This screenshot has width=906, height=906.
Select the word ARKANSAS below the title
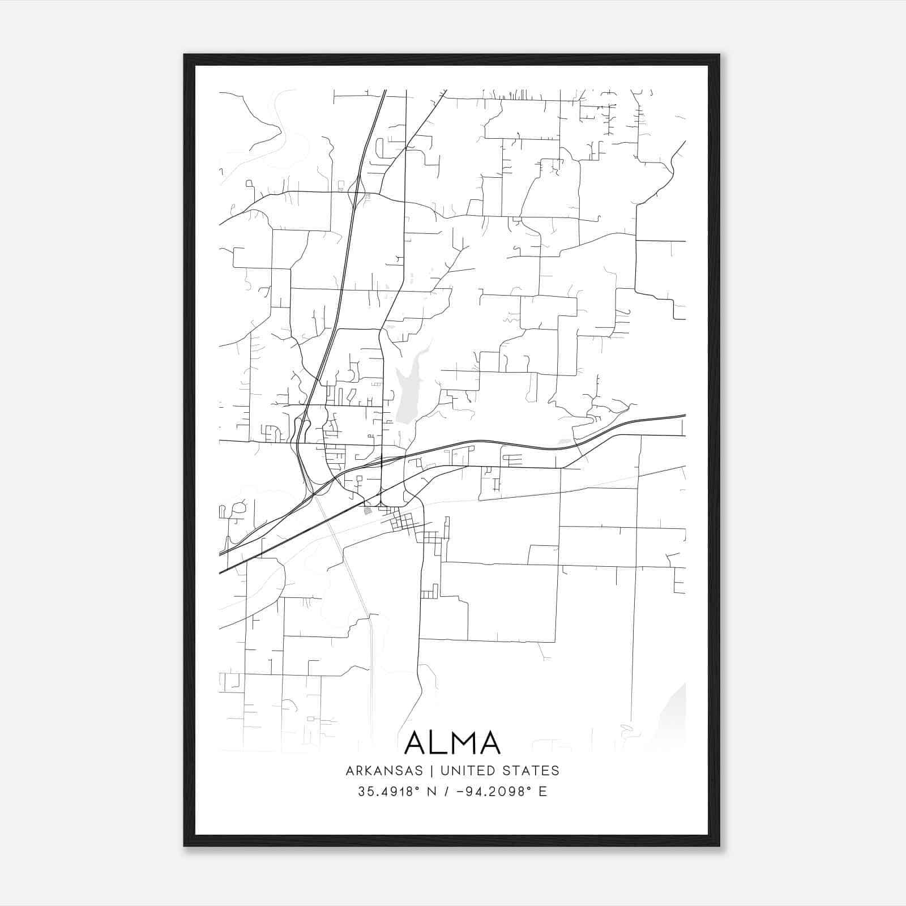click(384, 771)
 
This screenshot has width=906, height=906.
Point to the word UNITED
click(468, 771)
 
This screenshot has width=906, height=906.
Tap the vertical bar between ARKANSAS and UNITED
click(431, 771)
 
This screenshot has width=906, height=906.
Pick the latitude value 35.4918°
click(391, 792)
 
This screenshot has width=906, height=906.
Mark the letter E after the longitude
click(543, 792)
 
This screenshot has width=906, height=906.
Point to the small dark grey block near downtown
click(367, 511)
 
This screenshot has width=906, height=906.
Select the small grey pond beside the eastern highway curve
click(564, 441)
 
